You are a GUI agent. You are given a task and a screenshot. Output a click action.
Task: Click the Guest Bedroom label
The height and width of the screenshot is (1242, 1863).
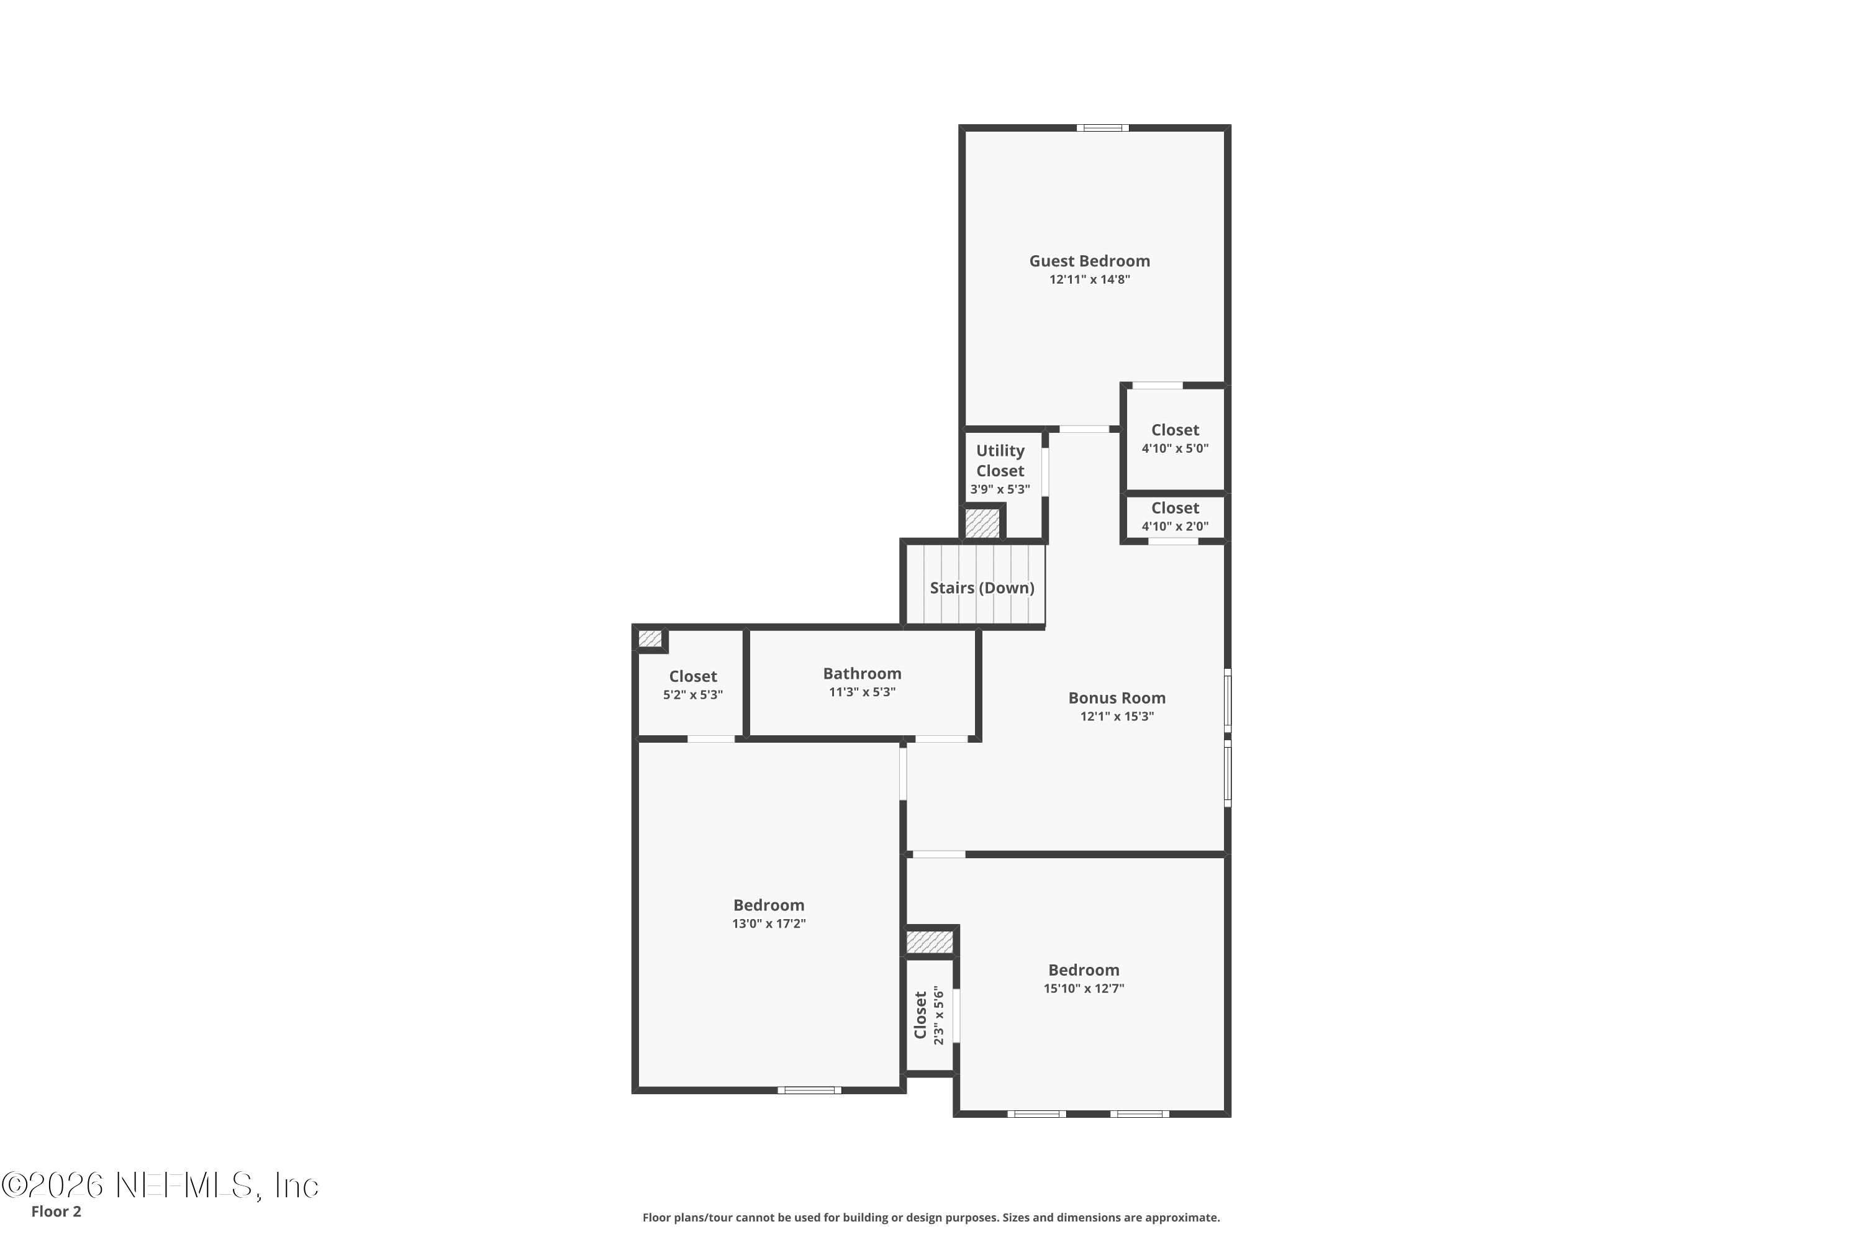tap(1089, 261)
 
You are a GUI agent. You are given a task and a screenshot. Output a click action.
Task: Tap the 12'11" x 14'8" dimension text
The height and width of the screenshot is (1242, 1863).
tap(1089, 279)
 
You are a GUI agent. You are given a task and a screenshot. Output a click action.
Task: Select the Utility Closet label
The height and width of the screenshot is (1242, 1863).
tap(1000, 460)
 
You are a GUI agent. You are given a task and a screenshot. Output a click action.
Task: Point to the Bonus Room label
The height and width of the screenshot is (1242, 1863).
tap(1116, 698)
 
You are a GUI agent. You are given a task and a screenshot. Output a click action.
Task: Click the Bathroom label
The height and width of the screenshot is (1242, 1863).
tap(862, 673)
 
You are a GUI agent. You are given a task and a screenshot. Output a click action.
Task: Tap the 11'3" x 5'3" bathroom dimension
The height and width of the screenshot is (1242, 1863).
tap(862, 692)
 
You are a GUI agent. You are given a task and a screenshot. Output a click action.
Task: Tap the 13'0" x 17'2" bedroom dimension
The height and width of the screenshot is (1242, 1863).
tap(768, 923)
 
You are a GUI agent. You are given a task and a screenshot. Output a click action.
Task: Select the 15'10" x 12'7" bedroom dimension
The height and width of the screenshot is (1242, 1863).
tap(1084, 989)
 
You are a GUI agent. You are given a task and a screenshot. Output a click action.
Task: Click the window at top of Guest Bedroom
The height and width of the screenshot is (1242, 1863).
tap(1102, 127)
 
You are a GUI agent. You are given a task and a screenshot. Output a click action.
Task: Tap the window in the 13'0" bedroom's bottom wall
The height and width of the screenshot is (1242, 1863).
tap(809, 1090)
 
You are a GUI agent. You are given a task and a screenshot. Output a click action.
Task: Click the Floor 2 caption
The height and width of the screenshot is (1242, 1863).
tap(57, 1211)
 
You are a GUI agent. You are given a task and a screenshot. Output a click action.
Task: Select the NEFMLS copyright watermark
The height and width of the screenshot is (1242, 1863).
tap(160, 1185)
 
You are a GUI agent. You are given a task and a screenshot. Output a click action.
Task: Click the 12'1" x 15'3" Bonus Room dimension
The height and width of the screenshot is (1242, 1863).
tap(1116, 717)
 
